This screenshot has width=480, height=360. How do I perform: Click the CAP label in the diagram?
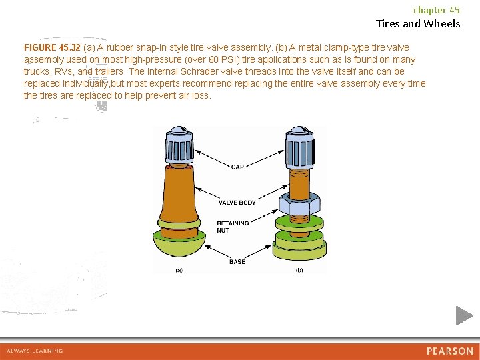coord(237,167)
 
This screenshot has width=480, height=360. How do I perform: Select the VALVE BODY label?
coord(237,203)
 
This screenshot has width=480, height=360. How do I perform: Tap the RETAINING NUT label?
coord(233,227)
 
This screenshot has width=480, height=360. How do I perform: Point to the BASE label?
coord(237,262)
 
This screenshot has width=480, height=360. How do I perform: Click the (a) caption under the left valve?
coord(179,270)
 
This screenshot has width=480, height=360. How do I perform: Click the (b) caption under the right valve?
coord(299,270)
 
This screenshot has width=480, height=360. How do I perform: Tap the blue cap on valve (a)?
coord(179,145)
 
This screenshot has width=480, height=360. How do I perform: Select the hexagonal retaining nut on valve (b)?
coord(300,204)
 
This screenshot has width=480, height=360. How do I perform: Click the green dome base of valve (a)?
coord(179,244)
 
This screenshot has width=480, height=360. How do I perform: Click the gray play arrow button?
coord(464,315)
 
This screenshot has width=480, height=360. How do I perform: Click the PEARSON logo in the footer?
coord(450,351)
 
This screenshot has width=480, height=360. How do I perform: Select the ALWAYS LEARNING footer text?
coord(35,351)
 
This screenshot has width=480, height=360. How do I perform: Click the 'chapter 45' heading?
coord(437,10)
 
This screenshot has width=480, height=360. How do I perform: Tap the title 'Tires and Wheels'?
coord(418,23)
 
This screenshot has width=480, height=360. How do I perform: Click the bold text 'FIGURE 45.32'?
coord(52,47)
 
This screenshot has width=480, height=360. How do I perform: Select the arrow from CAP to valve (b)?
coord(265,159)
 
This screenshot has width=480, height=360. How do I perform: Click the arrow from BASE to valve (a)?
coord(217,251)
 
